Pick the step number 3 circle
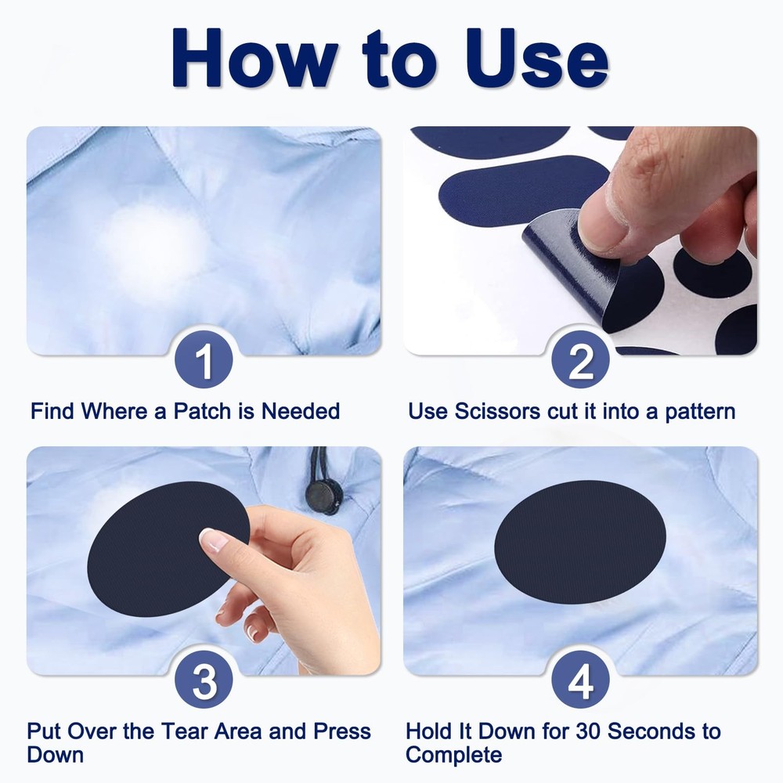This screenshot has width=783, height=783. [x=204, y=680]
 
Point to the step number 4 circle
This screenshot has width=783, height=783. [x=580, y=680]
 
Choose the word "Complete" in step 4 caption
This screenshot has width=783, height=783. [x=453, y=756]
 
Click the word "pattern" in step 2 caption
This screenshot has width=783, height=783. [x=700, y=410]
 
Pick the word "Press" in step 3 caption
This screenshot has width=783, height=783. [x=341, y=731]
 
